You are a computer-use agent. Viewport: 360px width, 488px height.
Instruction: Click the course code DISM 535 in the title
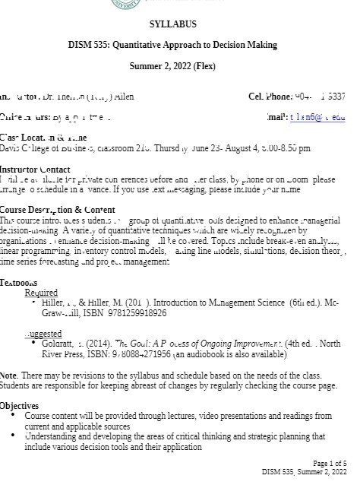[x=90, y=46]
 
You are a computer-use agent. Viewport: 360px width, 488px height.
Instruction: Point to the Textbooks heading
[x=19, y=283]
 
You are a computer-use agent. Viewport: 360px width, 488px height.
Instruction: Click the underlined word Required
[x=41, y=293]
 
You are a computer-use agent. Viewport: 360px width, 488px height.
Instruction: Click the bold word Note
[x=8, y=376]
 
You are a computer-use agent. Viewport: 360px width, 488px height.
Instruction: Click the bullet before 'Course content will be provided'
[x=14, y=416]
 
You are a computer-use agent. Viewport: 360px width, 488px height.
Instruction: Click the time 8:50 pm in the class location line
[x=296, y=148]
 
